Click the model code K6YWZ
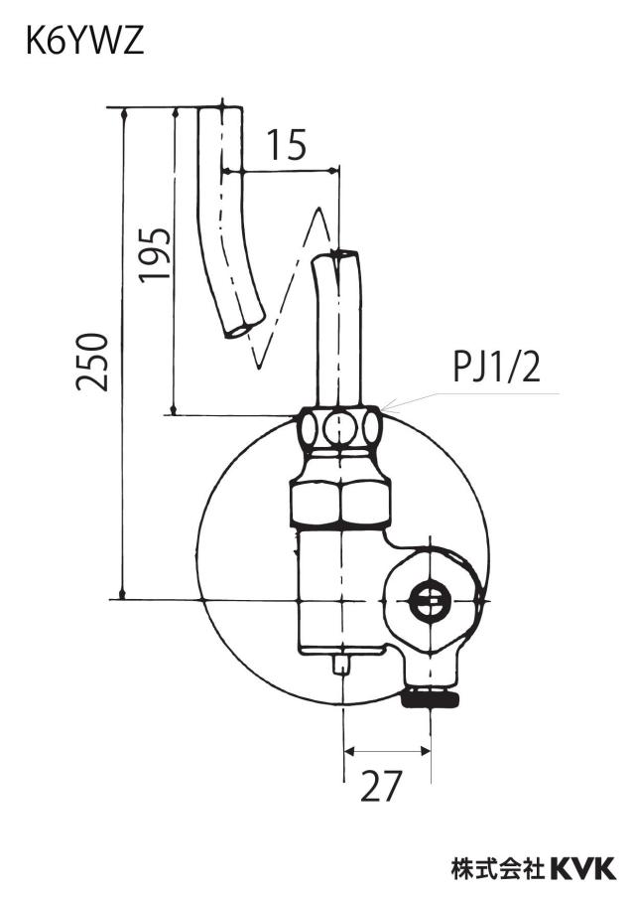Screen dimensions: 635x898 pyautogui.click(x=85, y=43)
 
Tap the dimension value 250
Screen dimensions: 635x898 pyautogui.click(x=92, y=363)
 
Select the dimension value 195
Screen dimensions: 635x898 pyautogui.click(x=155, y=253)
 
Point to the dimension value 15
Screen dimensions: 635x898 pyautogui.click(x=286, y=145)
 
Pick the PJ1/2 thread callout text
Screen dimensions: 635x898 pyautogui.click(x=496, y=368)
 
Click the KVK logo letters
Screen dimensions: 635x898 pyautogui.click(x=583, y=868)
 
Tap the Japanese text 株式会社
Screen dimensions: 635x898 pyautogui.click(x=498, y=868)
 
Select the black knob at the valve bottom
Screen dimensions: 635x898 pyautogui.click(x=431, y=698)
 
